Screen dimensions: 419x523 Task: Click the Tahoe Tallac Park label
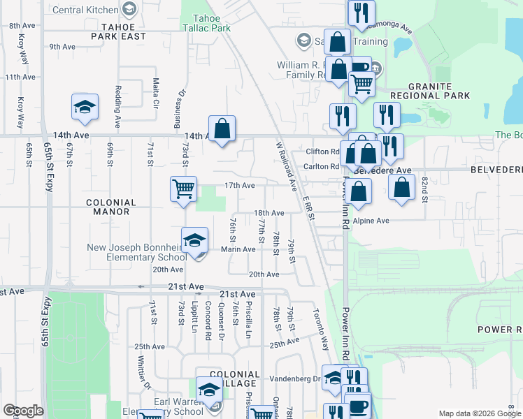pyautogui.click(x=206, y=23)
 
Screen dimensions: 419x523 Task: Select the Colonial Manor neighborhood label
pyautogui.click(x=108, y=206)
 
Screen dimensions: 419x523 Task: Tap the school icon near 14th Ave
pyautogui.click(x=85, y=108)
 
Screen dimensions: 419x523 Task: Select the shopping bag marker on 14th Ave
pyautogui.click(x=222, y=128)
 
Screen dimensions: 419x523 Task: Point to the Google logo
pyautogui.click(x=23, y=411)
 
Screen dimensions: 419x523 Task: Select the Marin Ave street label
pyautogui.click(x=238, y=249)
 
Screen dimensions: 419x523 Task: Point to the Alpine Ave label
pyautogui.click(x=371, y=221)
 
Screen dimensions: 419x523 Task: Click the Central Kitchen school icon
pyautogui.click(x=129, y=9)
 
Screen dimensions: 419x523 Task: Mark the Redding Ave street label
pyautogui.click(x=119, y=98)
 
